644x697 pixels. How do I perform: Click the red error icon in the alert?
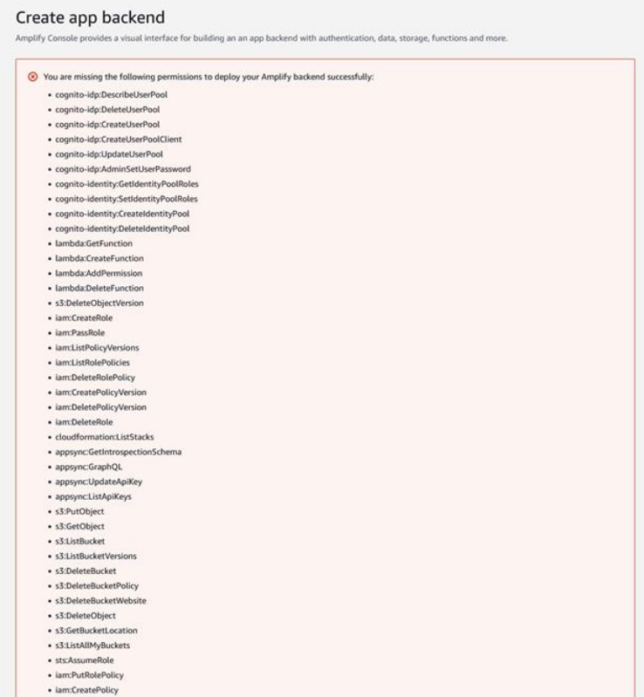(x=33, y=77)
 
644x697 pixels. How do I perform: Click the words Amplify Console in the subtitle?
(x=38, y=38)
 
